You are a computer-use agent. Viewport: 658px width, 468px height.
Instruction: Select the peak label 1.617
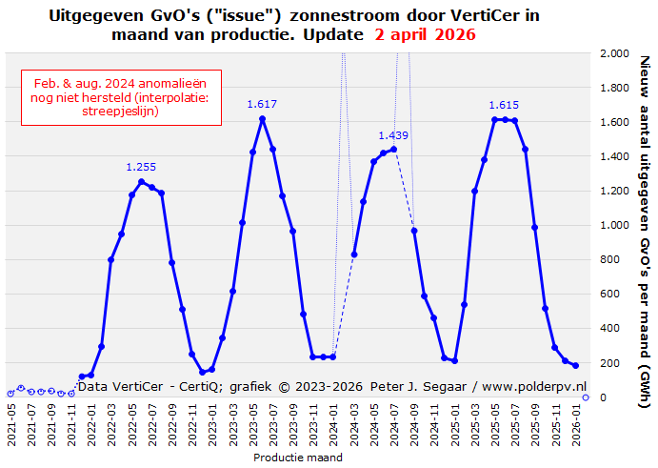pos(262,104)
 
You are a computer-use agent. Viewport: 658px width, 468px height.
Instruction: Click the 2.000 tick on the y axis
pos(614,54)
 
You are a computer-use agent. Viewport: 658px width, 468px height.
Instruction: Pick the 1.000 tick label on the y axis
pos(614,226)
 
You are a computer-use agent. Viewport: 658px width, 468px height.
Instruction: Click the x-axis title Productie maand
pos(298,458)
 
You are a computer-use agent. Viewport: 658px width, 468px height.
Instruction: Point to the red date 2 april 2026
pos(426,34)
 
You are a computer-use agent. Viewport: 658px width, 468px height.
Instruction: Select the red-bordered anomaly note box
pos(121,96)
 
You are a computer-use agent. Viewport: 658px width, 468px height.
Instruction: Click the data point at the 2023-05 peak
pos(263,118)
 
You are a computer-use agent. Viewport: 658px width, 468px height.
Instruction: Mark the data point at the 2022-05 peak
pos(141,181)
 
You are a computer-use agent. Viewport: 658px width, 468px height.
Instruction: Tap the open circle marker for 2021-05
pos(10,393)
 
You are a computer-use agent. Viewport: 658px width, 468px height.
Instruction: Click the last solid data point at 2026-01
pos(575,365)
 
